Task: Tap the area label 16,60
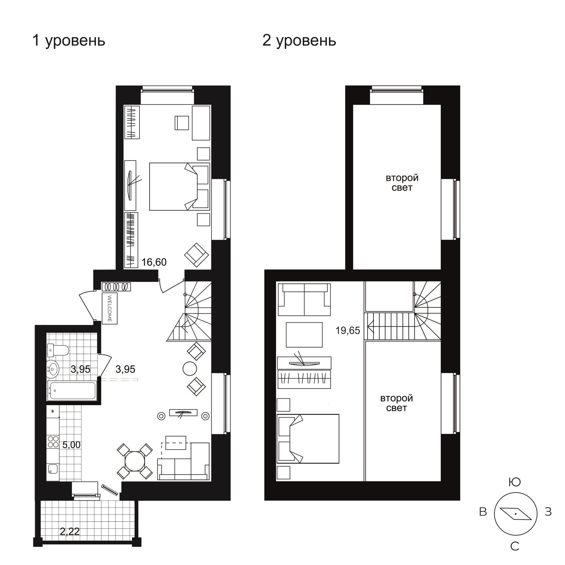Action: point(154,262)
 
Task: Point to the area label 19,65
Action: point(348,330)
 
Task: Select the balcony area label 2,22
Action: point(70,531)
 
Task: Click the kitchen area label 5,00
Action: point(71,444)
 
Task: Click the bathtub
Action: point(72,391)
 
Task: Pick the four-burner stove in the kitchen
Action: point(53,442)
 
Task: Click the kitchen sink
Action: point(53,469)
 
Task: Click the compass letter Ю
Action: point(514,482)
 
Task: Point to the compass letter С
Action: point(515,546)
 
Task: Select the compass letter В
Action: point(483,512)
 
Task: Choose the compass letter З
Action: point(548,512)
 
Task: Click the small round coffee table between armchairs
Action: point(190,368)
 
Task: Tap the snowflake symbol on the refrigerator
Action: point(53,411)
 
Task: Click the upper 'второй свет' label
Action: point(402,183)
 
